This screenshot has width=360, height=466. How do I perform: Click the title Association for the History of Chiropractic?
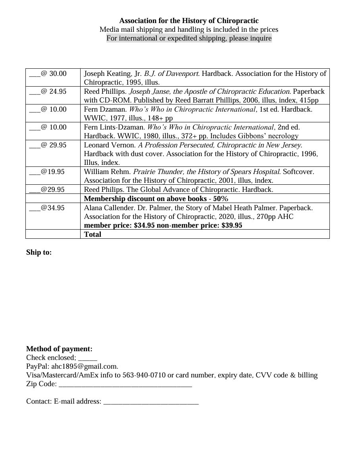coord(189,21)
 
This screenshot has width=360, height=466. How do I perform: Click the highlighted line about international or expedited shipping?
coord(189,39)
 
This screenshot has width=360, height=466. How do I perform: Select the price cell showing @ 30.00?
coord(48,73)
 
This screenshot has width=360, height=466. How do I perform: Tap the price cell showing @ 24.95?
coord(48,91)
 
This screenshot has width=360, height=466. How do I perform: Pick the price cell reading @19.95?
coord(47,172)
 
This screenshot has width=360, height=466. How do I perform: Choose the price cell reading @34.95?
coord(47,207)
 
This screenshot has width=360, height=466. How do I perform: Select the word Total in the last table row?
coord(92,234)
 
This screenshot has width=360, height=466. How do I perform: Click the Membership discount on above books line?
coord(156,199)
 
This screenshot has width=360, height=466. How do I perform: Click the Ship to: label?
coord(39,252)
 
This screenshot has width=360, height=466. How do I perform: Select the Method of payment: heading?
coord(59,349)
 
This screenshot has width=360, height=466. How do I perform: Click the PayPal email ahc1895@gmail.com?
coord(85,366)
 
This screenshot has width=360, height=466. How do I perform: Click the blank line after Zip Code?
coord(125,385)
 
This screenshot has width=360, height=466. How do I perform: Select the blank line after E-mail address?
coord(151,402)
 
